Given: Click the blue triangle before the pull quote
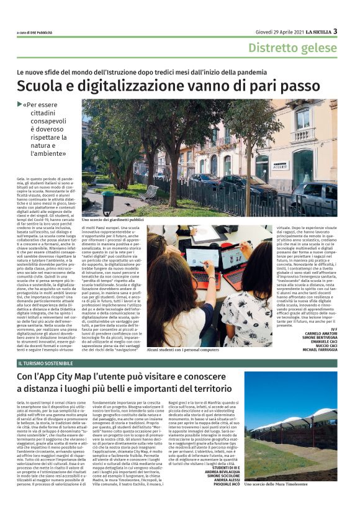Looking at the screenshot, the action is point(37,104).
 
